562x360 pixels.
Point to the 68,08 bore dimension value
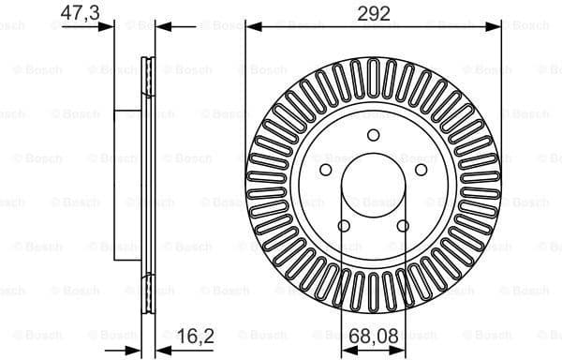[372, 333]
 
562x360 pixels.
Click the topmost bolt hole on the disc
[373, 135]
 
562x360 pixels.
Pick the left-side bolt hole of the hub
[325, 170]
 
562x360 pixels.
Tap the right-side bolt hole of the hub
[421, 170]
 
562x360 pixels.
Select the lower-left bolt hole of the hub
[343, 225]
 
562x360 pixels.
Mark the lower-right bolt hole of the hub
[403, 225]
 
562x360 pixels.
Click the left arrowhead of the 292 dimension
[251, 27]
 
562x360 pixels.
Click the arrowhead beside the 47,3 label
[108, 27]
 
